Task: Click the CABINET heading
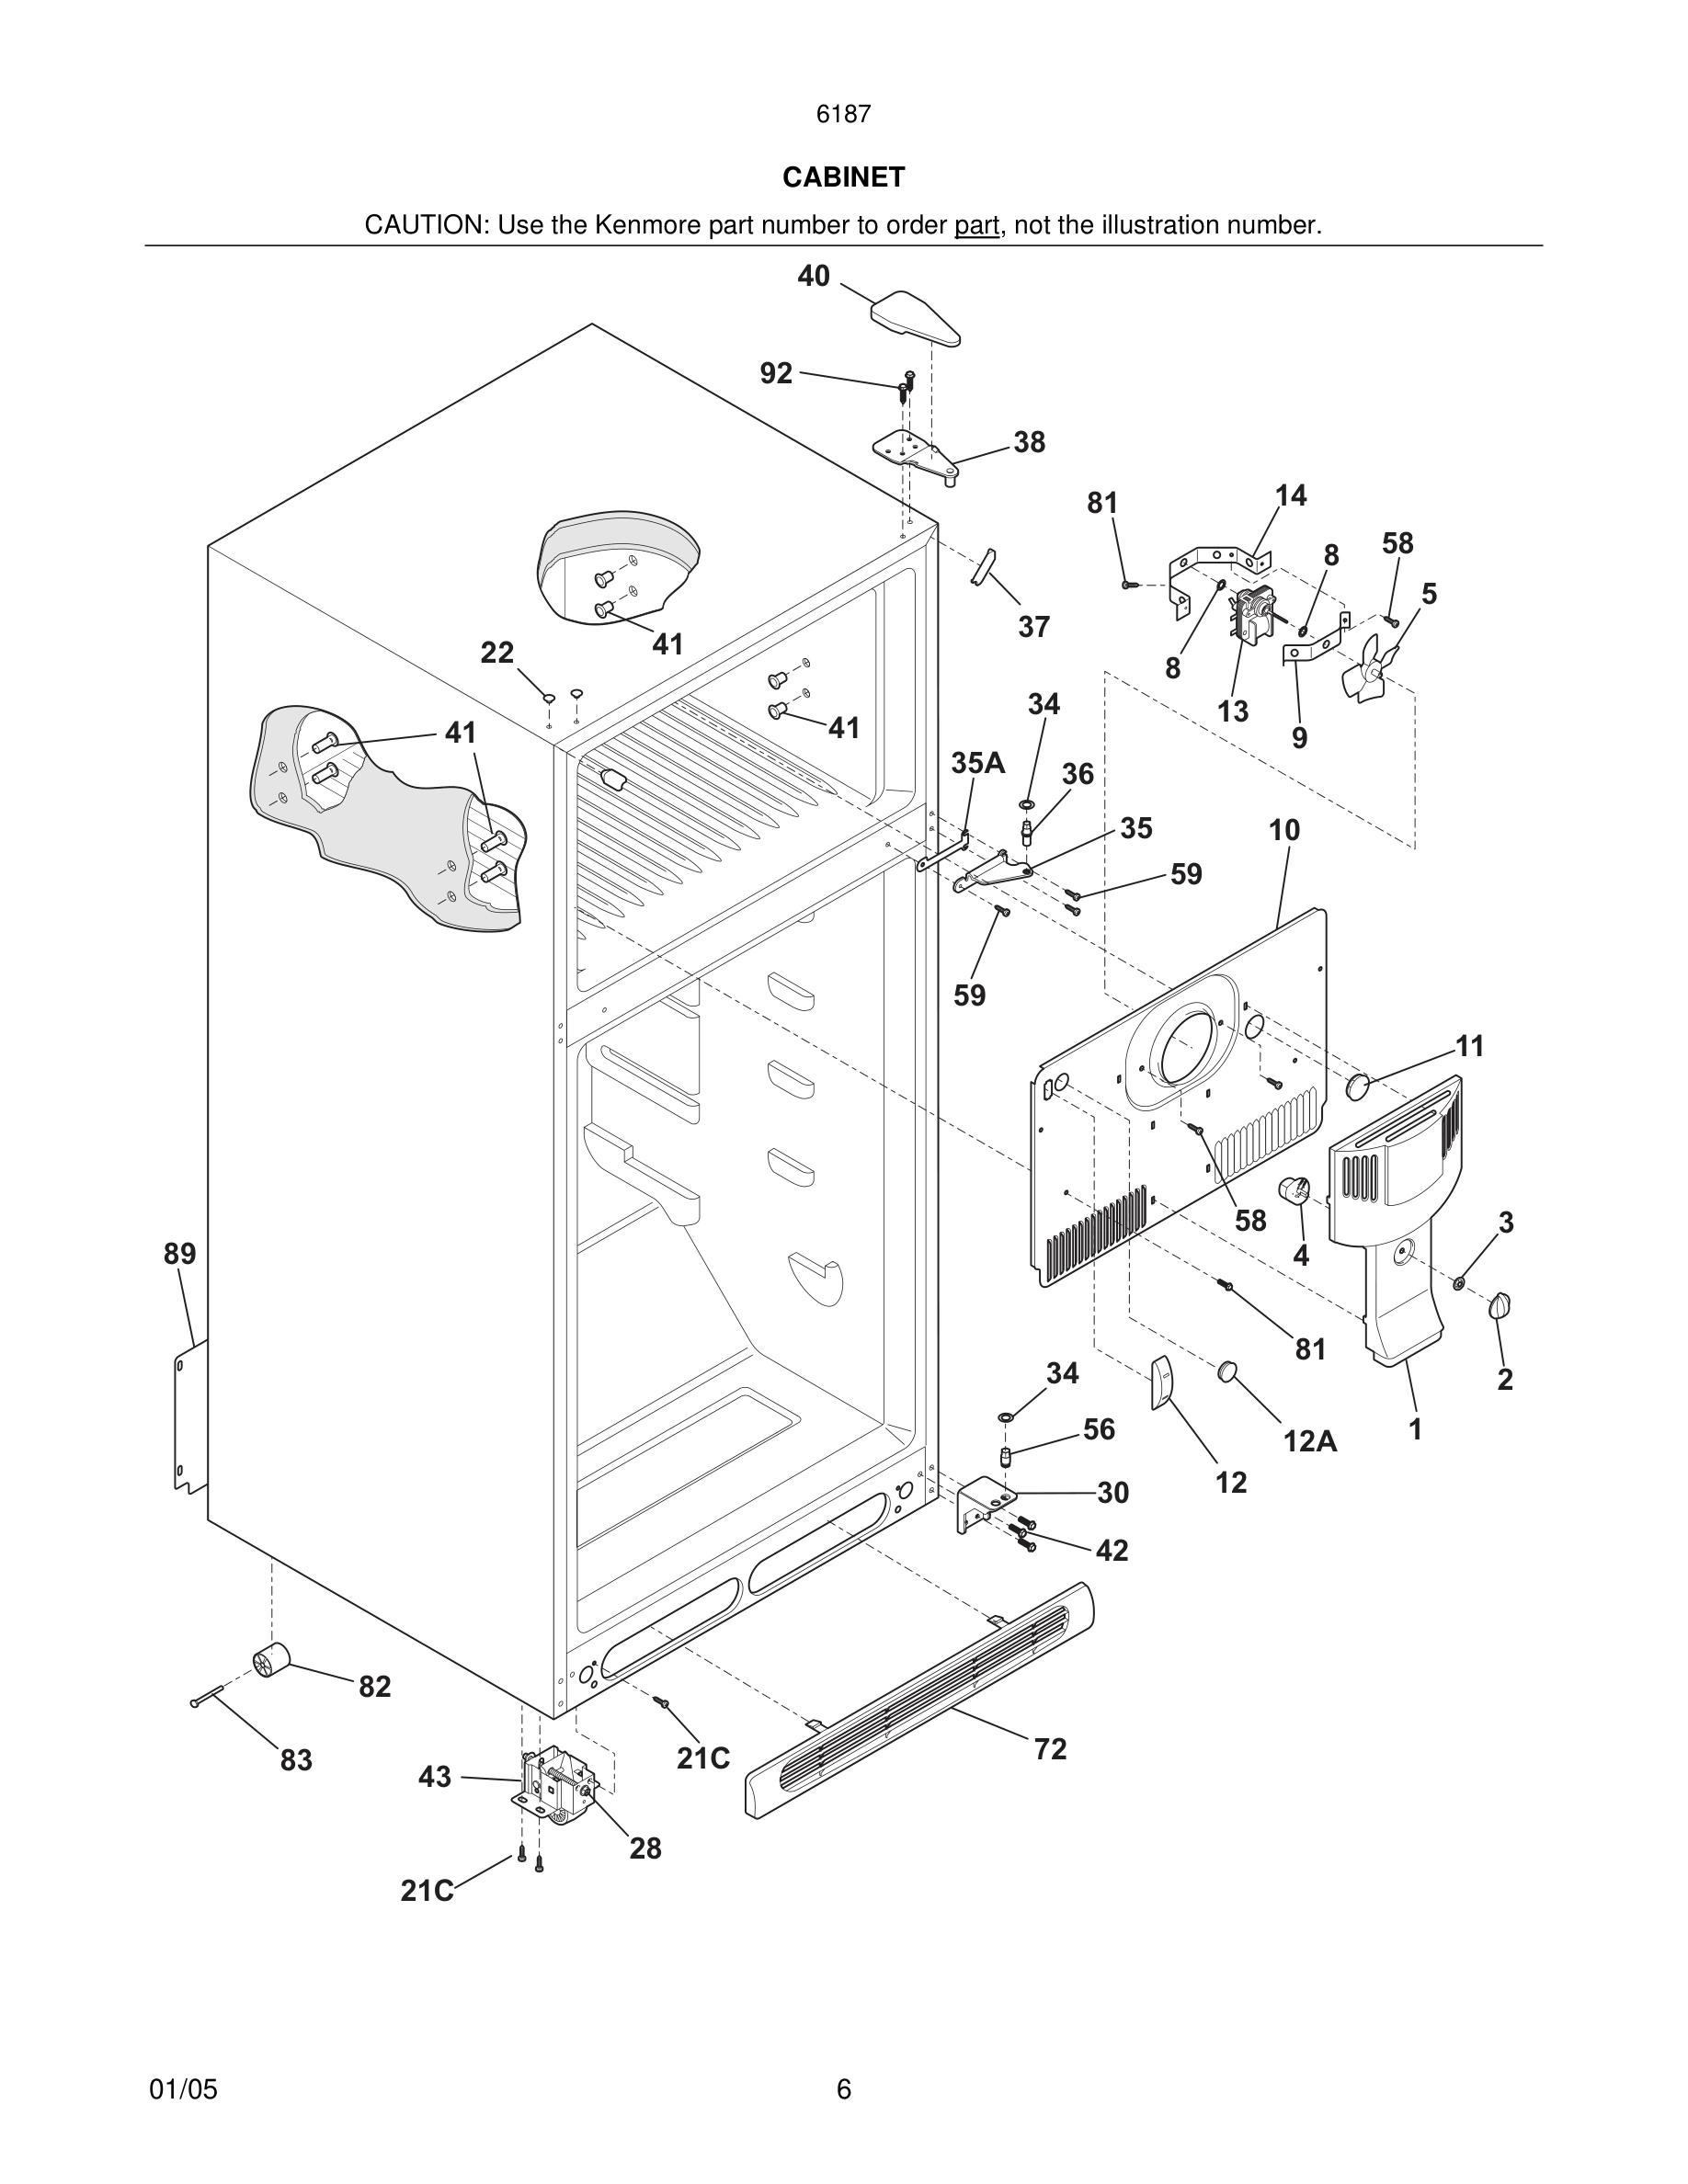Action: tap(843, 177)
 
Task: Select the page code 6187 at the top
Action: tap(843, 115)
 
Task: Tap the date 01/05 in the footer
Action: tap(183, 2089)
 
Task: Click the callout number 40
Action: tap(813, 276)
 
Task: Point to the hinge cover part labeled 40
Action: tap(916, 318)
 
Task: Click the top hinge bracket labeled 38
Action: tap(915, 455)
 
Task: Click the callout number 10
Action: tap(1284, 830)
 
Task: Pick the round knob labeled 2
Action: tap(1500, 1305)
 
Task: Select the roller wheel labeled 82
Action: tap(270, 1661)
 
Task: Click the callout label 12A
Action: tap(1310, 1441)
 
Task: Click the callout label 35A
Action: tap(977, 763)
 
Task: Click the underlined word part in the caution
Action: tap(976, 226)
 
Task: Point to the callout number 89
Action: tap(180, 1254)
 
